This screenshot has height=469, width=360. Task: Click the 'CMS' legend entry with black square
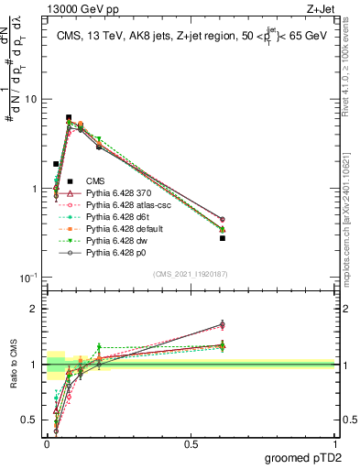[96, 180]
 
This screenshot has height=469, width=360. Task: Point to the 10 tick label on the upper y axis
[33, 99]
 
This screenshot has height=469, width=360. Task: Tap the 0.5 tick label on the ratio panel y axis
[31, 420]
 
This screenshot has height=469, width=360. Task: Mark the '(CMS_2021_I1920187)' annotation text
[190, 273]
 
